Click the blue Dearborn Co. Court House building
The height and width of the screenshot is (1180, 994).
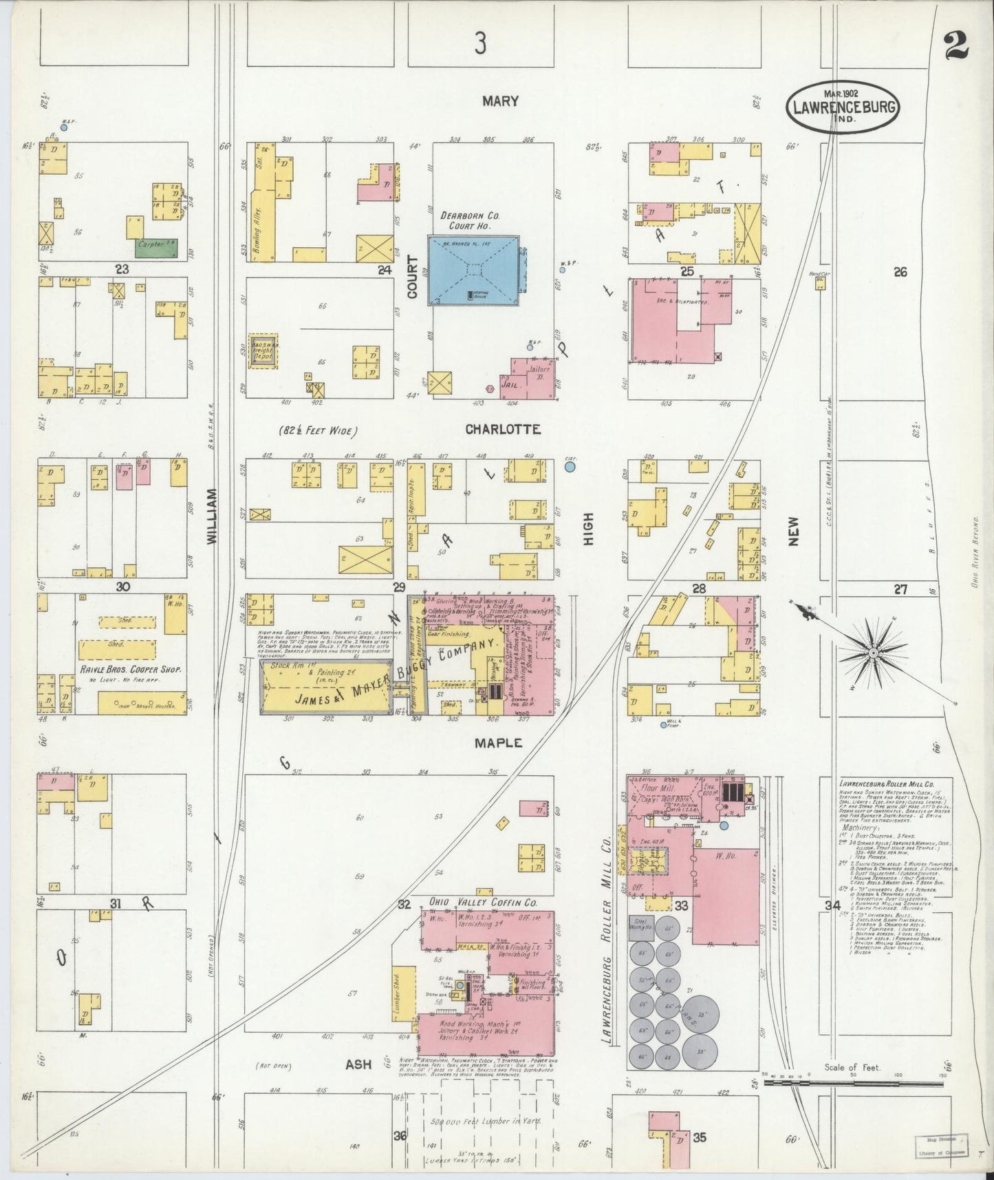[x=473, y=269]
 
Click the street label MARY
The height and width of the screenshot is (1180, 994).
[x=500, y=101]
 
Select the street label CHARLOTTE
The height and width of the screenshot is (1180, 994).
[x=503, y=429]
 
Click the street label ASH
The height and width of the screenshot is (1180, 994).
[x=358, y=1064]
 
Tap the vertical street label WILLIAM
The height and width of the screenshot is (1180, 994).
[x=212, y=516]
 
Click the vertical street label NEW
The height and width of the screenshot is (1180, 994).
[x=795, y=531]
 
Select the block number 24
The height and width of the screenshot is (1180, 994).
[x=385, y=271]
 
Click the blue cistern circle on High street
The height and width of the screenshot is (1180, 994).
[x=570, y=467]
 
